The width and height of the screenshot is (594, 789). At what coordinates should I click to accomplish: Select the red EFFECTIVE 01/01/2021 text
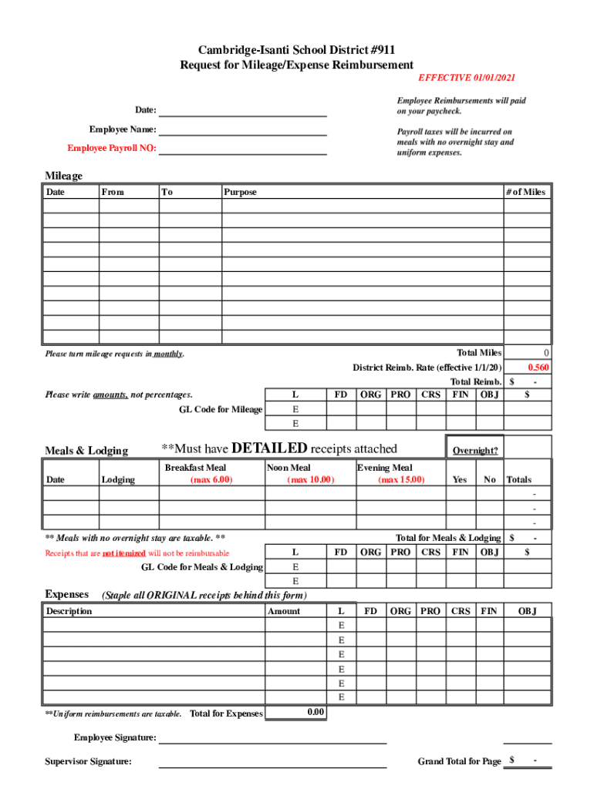467,78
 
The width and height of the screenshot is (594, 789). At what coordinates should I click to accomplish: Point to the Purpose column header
240,192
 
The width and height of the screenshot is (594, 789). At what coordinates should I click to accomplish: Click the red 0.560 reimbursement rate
538,368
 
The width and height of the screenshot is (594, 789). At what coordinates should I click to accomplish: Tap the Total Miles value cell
528,353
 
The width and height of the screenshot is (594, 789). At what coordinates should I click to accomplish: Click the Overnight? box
474,451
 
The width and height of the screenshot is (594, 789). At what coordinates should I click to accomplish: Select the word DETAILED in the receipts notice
269,448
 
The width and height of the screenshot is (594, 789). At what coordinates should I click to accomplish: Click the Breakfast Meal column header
195,468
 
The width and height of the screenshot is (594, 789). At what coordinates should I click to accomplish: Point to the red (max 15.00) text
401,480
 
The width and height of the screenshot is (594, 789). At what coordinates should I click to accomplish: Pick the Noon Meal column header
289,468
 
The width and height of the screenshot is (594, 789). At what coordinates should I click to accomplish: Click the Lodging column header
118,480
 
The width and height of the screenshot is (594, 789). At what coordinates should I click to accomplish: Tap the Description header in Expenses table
69,611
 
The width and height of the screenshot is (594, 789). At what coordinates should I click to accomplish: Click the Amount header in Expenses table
284,611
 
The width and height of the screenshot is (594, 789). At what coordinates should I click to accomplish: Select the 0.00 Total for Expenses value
316,712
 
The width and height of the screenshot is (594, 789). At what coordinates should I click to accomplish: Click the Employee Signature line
272,740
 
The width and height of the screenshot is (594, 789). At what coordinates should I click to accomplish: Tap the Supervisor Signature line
272,764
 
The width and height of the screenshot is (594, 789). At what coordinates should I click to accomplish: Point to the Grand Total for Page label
459,761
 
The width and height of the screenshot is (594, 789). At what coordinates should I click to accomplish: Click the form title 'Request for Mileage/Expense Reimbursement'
297,65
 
